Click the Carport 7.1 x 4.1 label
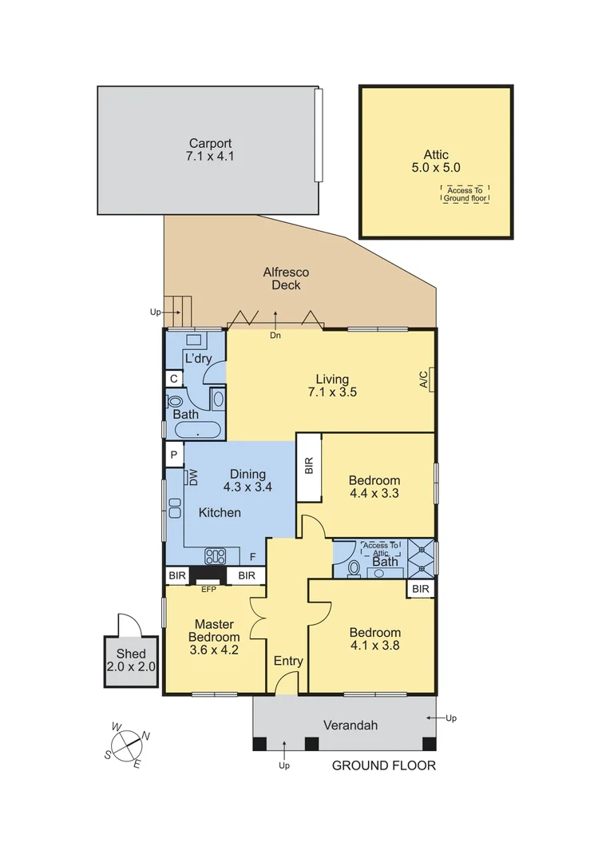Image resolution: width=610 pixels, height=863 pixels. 211,150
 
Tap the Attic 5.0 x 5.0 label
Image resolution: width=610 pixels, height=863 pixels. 436,161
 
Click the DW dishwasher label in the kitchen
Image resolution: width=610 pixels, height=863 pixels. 192,477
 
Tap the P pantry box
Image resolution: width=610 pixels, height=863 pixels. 173,455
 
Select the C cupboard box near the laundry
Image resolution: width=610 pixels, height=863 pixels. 173,379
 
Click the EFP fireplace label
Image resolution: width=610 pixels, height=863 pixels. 209,590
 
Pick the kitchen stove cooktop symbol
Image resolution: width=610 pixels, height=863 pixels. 216,555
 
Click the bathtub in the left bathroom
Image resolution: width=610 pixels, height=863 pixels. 197,431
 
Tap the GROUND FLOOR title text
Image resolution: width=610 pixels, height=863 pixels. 384,766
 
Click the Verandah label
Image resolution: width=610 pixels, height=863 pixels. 350,726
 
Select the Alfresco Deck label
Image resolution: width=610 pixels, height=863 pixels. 286,279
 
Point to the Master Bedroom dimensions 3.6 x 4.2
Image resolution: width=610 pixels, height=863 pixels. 214,650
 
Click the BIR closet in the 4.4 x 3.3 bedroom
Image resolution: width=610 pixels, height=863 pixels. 309,467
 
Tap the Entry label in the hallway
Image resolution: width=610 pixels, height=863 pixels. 288,661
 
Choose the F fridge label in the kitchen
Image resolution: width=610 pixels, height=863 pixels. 252,556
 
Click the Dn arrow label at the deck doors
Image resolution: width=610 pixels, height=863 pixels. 275,335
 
